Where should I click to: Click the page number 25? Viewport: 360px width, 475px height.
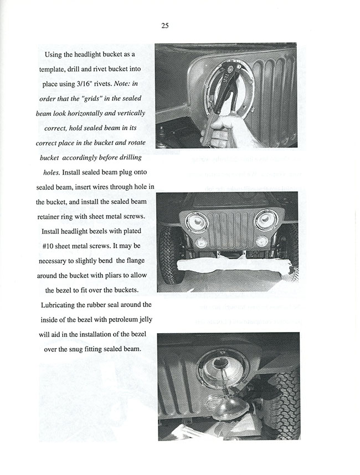click(165, 25)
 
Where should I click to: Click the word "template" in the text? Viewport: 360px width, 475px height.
click(57, 69)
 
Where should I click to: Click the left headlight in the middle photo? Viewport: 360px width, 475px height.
click(196, 222)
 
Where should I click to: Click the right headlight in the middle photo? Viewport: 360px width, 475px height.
click(265, 219)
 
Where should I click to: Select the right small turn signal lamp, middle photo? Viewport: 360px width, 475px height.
click(262, 241)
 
